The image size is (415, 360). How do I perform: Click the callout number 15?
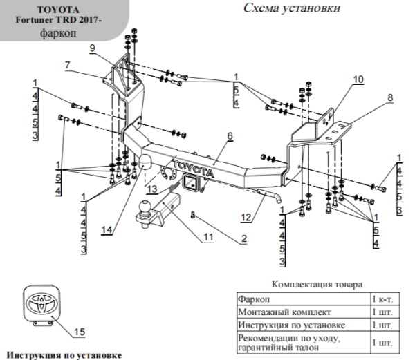79,332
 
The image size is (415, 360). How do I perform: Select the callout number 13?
151,189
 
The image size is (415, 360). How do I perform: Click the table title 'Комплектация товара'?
317,284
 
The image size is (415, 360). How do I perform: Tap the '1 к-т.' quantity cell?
382,300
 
